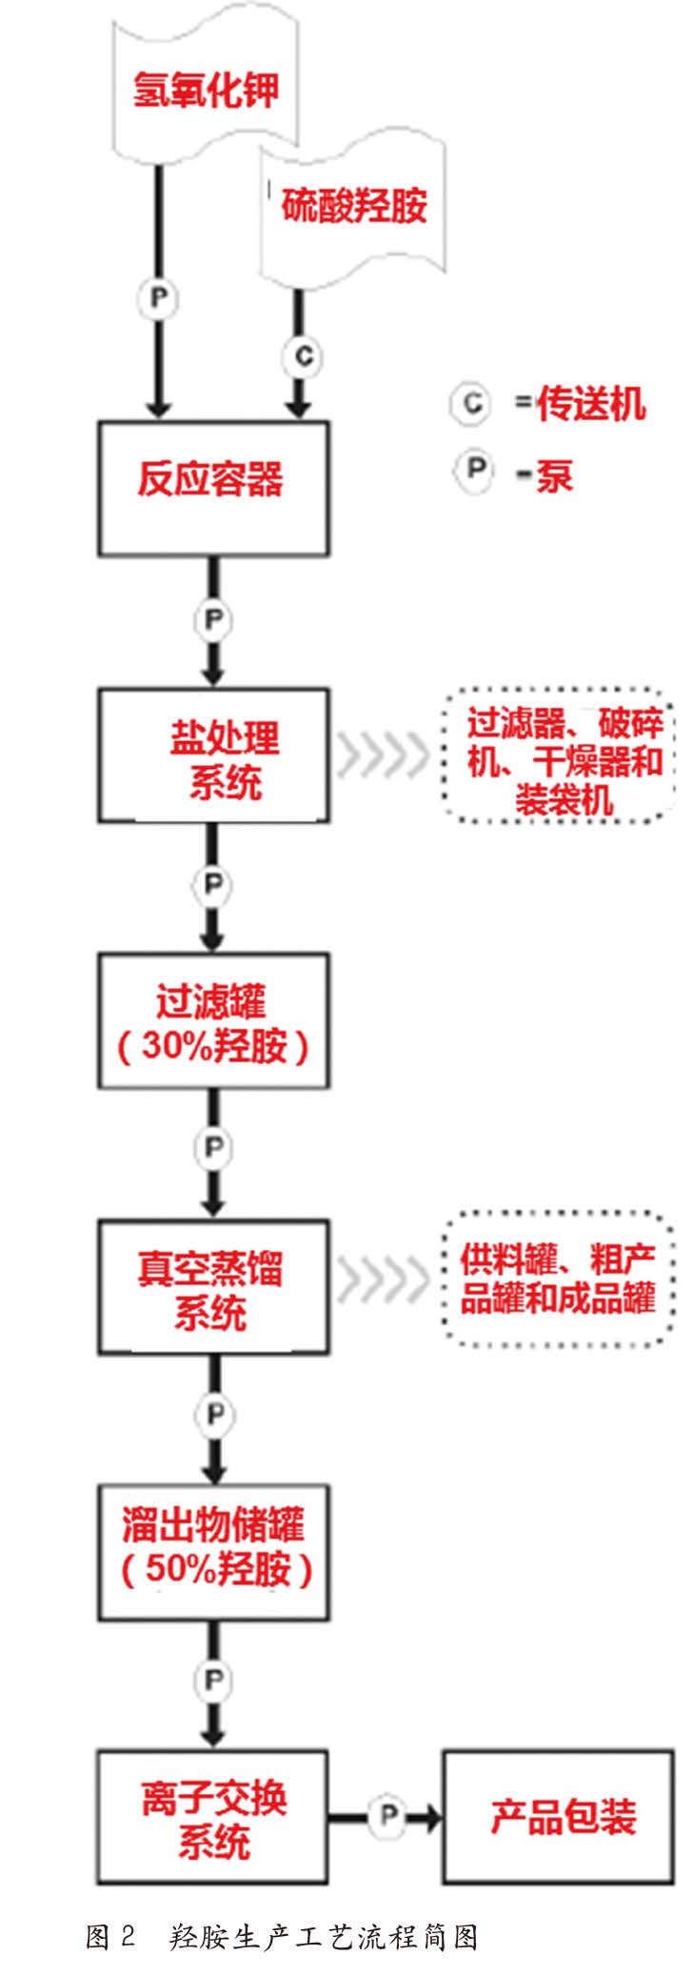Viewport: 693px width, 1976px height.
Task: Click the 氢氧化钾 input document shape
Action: (206, 91)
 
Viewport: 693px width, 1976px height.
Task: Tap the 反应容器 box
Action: (213, 488)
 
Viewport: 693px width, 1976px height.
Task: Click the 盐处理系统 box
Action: (213, 755)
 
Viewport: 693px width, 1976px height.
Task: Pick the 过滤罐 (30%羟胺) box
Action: (213, 1020)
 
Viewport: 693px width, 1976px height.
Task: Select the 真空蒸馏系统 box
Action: (213, 1286)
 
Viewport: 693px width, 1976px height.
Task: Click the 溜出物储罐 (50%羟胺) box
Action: (213, 1551)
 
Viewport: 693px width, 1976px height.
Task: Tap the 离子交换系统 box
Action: (213, 1816)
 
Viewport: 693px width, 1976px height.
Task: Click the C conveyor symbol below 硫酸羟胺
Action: (302, 357)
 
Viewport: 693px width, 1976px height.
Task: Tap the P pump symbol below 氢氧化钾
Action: (158, 299)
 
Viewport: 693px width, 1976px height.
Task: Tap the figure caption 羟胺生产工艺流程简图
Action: (324, 1937)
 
